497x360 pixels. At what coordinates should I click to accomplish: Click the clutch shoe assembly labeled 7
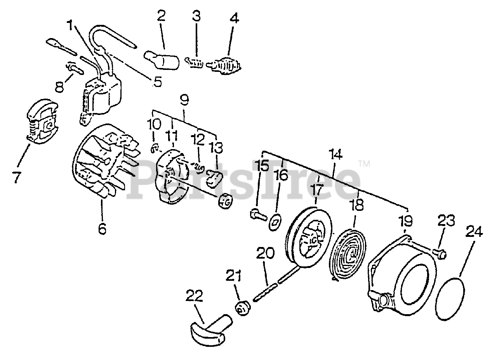42,123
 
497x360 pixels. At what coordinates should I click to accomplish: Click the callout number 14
335,155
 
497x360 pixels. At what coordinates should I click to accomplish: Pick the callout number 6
102,229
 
